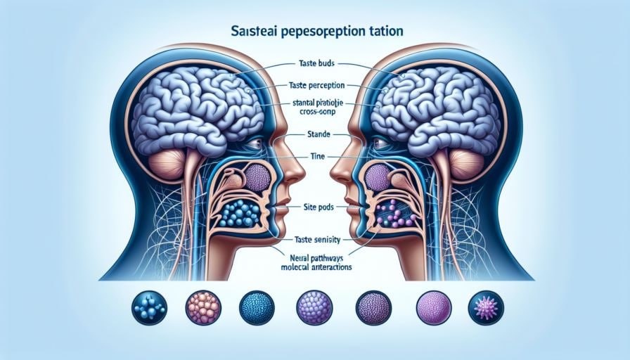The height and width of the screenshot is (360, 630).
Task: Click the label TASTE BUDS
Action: [x=313, y=63]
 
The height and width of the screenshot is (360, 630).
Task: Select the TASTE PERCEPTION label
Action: [x=314, y=85]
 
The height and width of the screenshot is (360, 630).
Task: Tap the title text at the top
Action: [x=314, y=32]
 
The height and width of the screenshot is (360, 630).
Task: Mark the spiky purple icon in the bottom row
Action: [x=487, y=308]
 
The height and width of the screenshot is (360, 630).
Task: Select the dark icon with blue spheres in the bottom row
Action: [x=148, y=308]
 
